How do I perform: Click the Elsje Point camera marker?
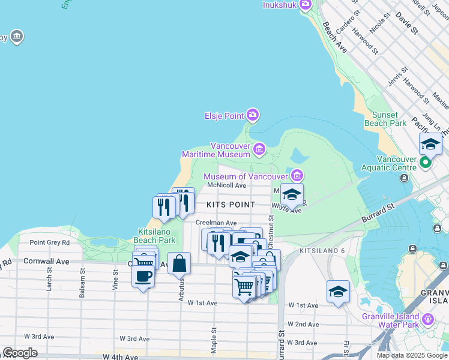pos(253,114)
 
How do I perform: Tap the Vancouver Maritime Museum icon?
pos(259,148)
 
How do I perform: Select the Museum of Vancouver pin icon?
pos(297,176)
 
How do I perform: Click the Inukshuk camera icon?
pos(305,5)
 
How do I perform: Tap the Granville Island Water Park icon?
pos(428,318)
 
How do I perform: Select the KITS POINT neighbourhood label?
pos(231,205)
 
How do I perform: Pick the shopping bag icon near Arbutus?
pos(179,263)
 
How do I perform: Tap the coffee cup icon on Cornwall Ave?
pos(143,276)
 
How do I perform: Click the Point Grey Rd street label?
pos(50,242)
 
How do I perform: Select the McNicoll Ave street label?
pos(227,185)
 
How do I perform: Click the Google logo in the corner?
pos(20,353)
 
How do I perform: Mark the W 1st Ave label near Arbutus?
pos(202,303)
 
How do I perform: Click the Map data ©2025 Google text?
pos(412,355)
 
